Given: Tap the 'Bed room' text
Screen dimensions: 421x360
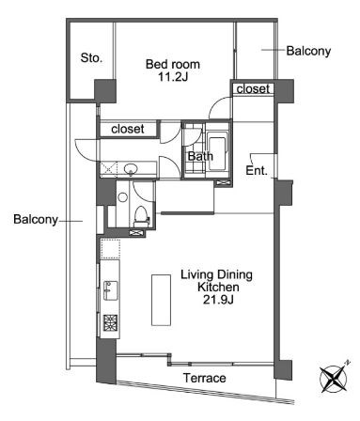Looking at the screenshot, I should click(170, 64).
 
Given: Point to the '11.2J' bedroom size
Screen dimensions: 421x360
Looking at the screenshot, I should click(170, 79).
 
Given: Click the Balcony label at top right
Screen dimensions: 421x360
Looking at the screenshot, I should click(308, 51).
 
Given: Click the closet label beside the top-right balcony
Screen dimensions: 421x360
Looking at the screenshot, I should click(253, 88).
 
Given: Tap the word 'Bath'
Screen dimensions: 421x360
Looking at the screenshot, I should click(199, 157).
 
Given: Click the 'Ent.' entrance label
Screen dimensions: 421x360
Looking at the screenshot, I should click(256, 171).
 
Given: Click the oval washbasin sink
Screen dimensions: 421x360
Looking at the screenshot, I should click(131, 169).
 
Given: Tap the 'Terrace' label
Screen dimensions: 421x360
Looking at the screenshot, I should click(204, 378).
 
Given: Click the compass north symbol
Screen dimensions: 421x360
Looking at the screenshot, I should click(335, 378).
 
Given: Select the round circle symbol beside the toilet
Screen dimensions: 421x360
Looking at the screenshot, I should click(123, 198).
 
